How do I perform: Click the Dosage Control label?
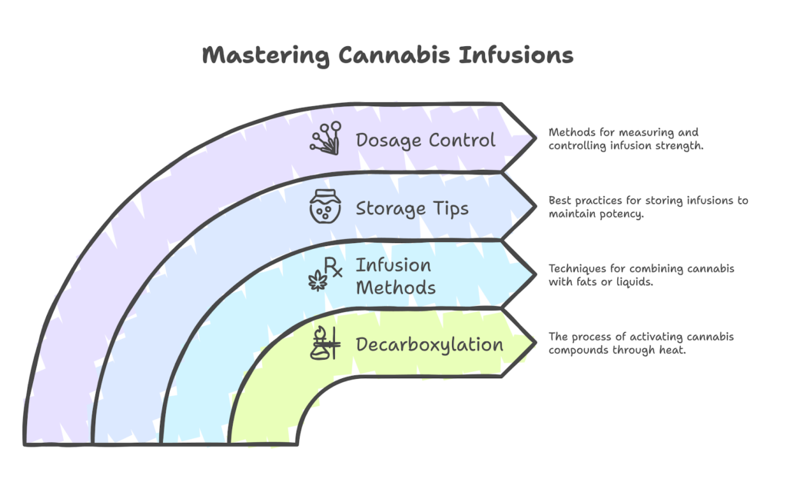tap(425, 140)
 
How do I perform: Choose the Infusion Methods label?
tap(395, 276)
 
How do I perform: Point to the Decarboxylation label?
tap(430, 344)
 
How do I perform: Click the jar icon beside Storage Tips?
tap(325, 208)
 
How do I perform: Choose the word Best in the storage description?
tap(560, 201)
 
